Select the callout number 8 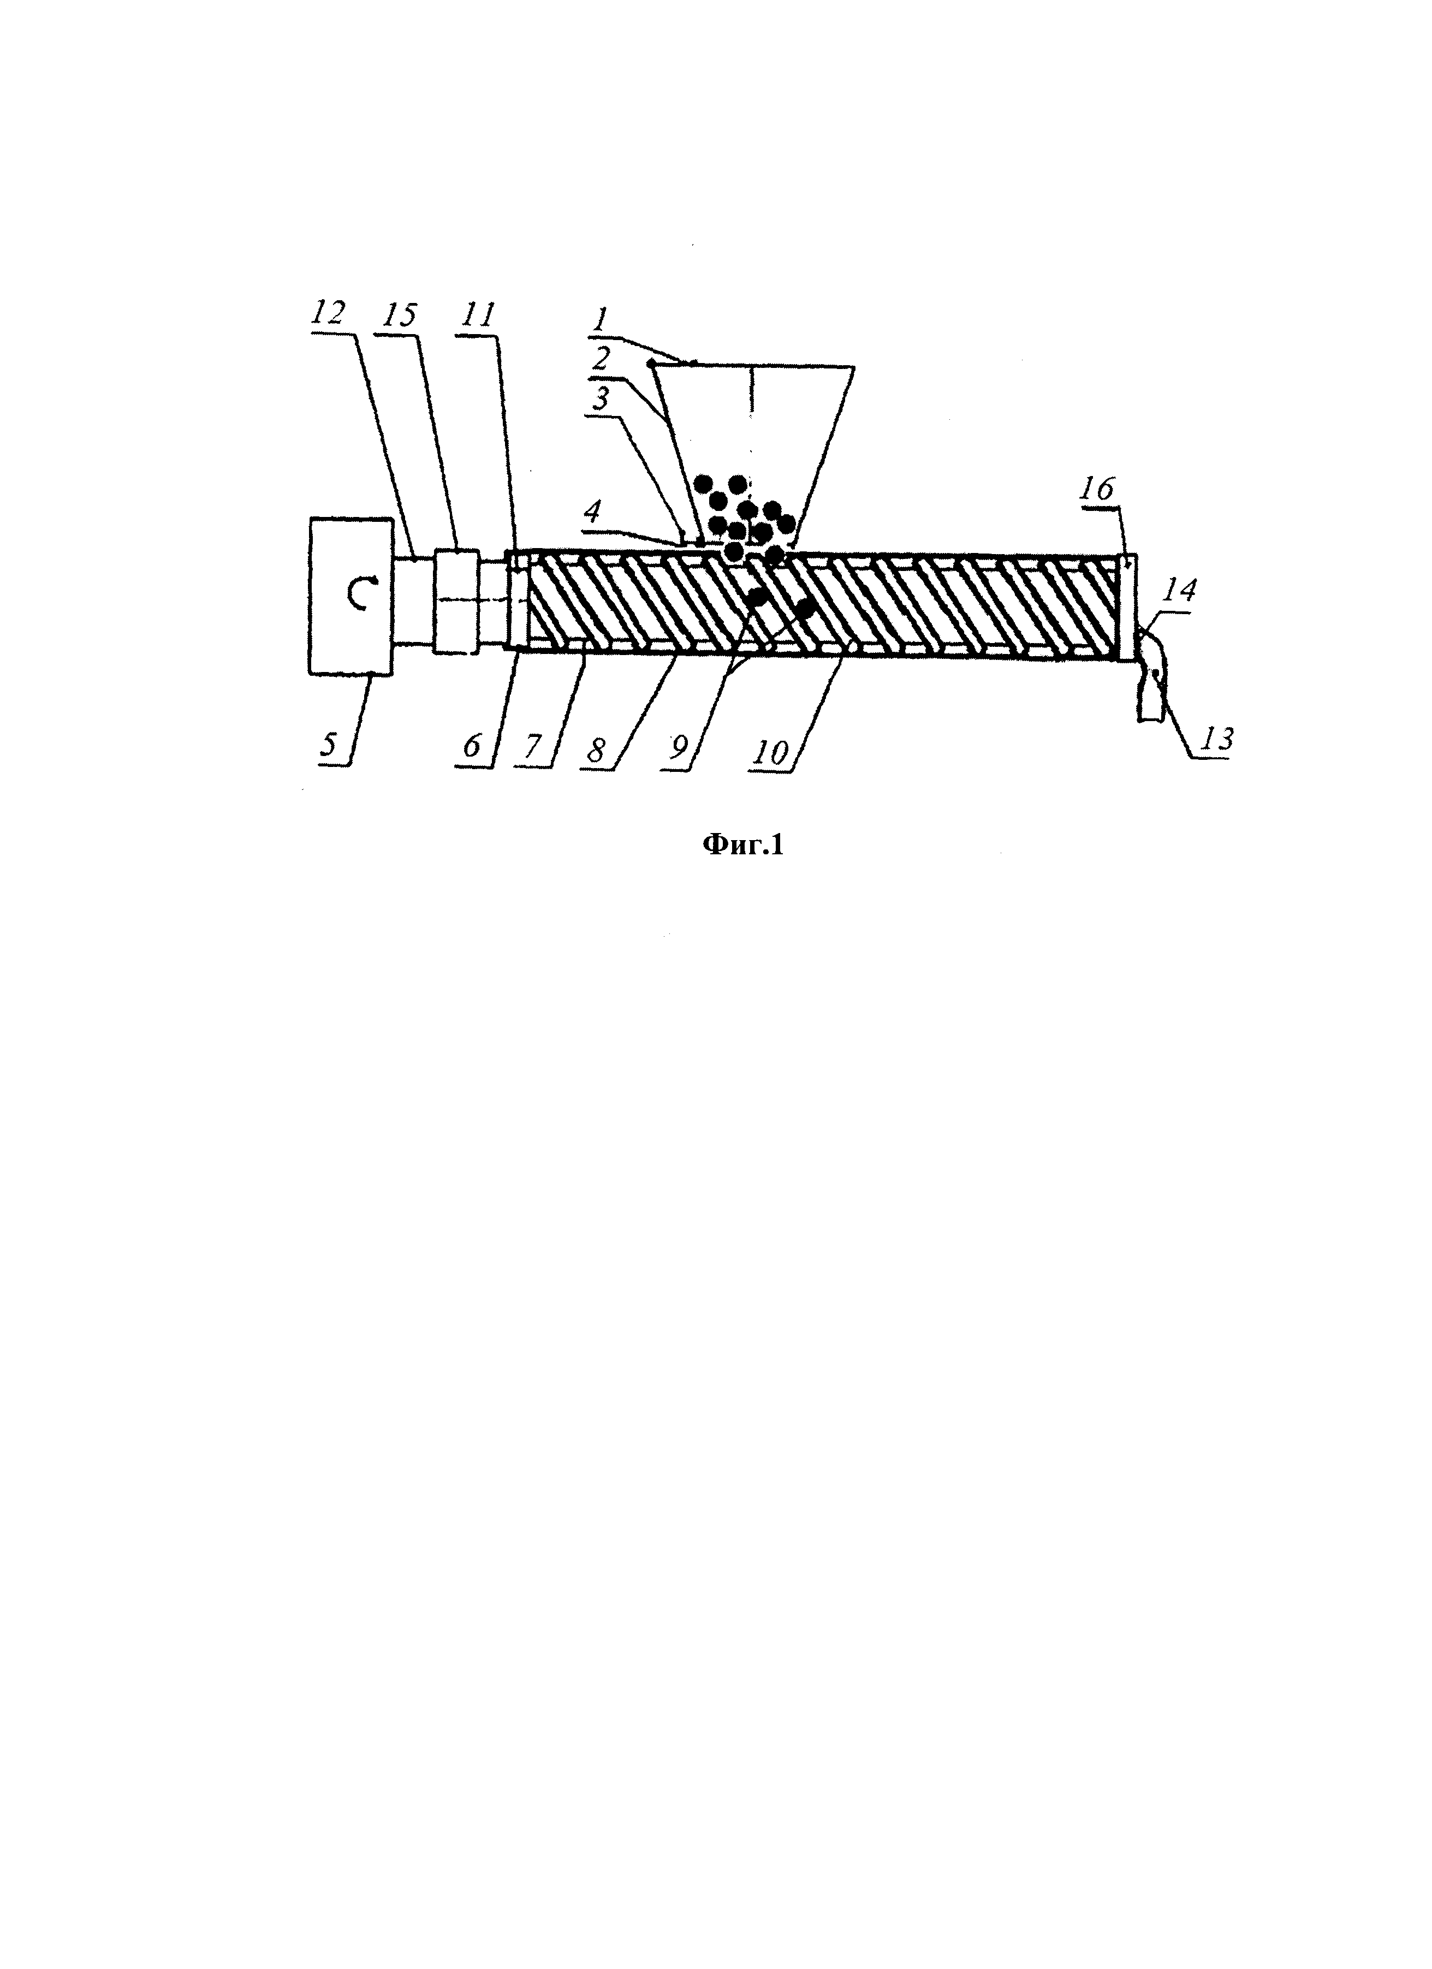point(595,748)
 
